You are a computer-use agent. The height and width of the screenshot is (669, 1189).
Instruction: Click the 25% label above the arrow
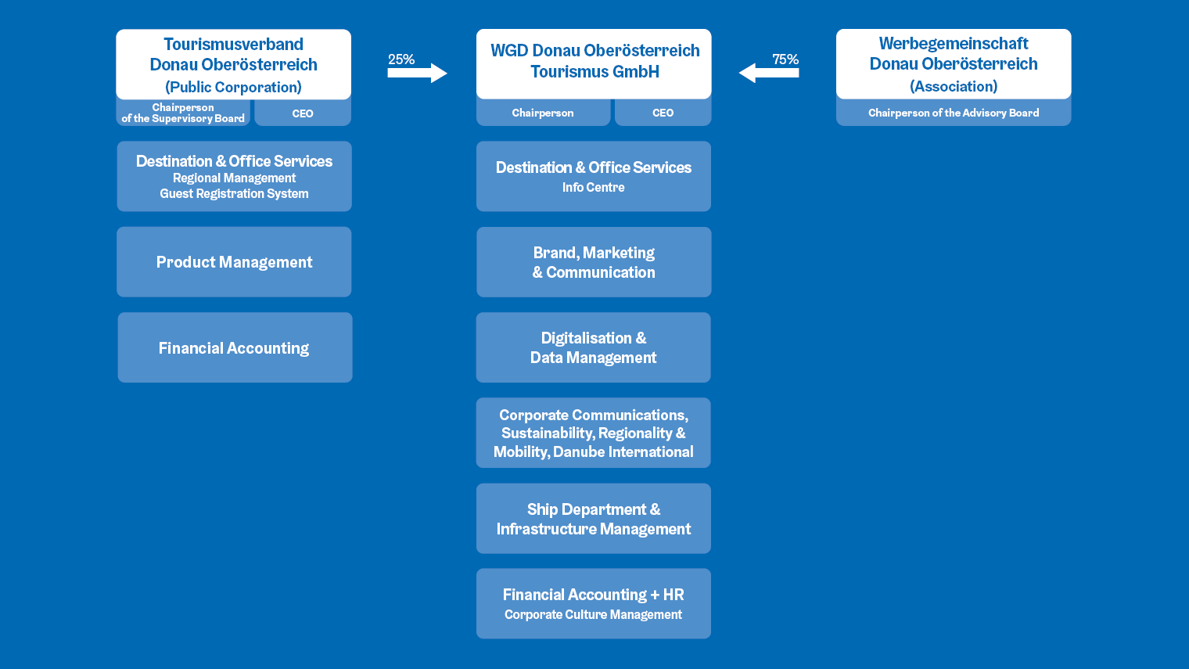pos(401,59)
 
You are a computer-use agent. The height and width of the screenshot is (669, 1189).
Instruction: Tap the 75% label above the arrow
pos(785,59)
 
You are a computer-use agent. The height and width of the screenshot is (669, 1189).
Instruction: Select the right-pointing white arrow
pos(417,74)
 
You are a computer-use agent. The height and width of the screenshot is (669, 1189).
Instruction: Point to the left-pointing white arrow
pos(769,74)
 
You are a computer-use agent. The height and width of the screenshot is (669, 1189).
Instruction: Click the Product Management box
pos(234,262)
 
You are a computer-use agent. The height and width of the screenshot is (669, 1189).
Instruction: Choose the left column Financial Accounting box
pos(235,347)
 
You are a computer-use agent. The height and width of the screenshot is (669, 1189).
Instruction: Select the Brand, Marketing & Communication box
pos(594,262)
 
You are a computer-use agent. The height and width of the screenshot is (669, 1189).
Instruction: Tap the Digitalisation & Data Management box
pos(594,347)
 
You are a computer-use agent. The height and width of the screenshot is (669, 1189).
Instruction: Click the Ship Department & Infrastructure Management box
pos(594,519)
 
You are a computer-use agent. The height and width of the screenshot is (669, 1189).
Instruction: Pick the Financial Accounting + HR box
pos(594,603)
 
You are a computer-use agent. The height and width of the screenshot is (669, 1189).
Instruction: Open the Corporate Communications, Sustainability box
pos(594,433)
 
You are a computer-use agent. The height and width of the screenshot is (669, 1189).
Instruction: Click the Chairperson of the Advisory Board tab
pos(954,113)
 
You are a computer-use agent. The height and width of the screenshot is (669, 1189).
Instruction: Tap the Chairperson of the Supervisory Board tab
pos(183,113)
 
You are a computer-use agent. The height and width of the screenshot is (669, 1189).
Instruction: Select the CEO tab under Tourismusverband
pos(303,113)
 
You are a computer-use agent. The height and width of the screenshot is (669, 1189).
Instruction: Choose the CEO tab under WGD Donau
pos(663,113)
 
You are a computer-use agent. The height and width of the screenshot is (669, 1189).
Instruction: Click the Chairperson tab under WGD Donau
pos(543,113)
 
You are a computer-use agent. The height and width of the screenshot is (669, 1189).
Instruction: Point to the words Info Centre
pos(594,188)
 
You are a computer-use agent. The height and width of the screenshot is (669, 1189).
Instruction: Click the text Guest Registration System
pos(234,194)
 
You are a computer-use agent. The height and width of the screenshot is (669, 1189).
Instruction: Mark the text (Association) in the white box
pos(954,86)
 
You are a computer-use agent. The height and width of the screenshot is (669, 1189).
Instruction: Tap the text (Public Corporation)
pos(233,87)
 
